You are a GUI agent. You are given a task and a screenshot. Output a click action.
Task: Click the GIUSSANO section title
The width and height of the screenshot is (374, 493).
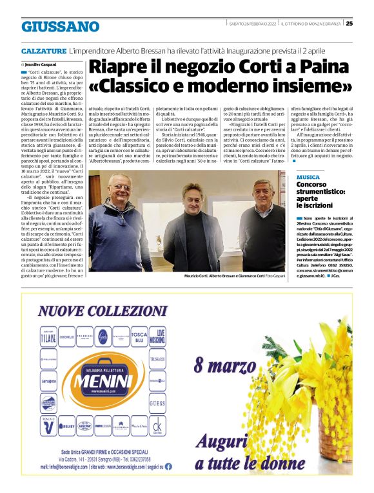pos(60,26)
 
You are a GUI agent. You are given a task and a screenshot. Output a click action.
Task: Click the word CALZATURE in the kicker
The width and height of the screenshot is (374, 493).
pos(43,50)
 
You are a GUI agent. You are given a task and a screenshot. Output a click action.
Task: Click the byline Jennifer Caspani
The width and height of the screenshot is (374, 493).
pos(40,65)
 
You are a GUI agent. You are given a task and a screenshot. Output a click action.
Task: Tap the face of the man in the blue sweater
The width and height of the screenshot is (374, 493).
pos(119,191)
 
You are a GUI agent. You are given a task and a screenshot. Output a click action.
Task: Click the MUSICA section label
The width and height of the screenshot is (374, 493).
pos(308,176)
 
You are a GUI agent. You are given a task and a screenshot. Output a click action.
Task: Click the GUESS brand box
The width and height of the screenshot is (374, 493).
pos(157,404)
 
